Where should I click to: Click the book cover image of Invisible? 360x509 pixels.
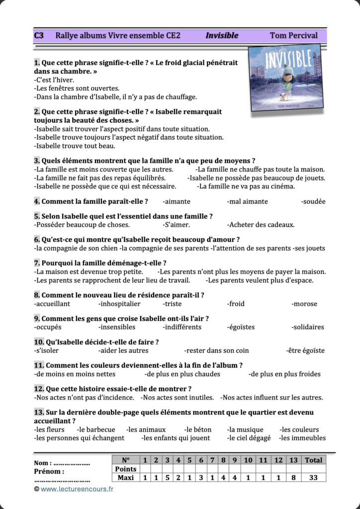click(x=285, y=76)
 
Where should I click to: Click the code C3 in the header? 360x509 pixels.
click(x=39, y=36)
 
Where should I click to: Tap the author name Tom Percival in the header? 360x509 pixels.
click(x=293, y=36)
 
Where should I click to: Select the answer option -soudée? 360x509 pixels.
click(x=313, y=201)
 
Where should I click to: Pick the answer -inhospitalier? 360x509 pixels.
click(x=119, y=304)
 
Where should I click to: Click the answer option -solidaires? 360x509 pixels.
click(x=308, y=327)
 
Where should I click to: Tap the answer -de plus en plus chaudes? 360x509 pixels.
click(x=182, y=374)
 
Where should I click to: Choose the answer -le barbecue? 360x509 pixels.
click(x=96, y=429)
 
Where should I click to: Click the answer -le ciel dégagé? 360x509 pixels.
click(x=249, y=438)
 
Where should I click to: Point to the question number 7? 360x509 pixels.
click(x=37, y=263)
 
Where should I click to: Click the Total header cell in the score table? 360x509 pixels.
click(x=313, y=460)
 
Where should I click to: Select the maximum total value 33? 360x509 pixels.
click(x=313, y=478)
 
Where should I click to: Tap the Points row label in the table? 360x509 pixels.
click(x=125, y=469)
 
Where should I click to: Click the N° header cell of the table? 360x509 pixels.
click(x=125, y=460)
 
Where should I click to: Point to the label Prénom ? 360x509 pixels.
click(x=49, y=471)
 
